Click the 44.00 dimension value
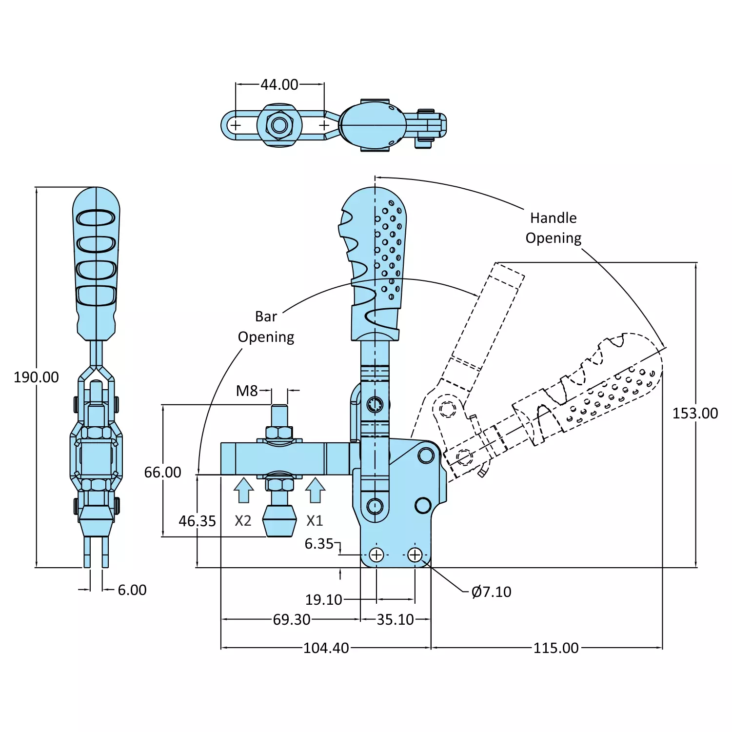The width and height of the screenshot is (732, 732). pyautogui.click(x=279, y=84)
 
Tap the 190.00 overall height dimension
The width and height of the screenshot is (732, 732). pyautogui.click(x=36, y=377)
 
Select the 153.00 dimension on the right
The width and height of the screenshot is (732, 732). pyautogui.click(x=695, y=413)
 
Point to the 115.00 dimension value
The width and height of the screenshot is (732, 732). pyautogui.click(x=555, y=648)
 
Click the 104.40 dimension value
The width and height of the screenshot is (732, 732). pyautogui.click(x=326, y=648)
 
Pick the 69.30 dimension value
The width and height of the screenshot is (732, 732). pyautogui.click(x=291, y=619)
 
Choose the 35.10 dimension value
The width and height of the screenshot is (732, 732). pyautogui.click(x=395, y=619)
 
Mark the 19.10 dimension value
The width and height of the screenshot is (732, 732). pyautogui.click(x=323, y=599)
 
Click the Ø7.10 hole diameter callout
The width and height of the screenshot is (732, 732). pyautogui.click(x=491, y=592)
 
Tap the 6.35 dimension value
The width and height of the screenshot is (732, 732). pyautogui.click(x=319, y=543)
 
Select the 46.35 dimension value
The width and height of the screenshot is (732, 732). pyautogui.click(x=197, y=521)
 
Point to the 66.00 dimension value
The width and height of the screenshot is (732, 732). pyautogui.click(x=162, y=472)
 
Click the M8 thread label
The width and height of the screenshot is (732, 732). pyautogui.click(x=247, y=391)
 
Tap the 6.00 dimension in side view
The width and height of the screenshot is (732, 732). pyautogui.click(x=132, y=590)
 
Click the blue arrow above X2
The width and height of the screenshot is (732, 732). pyautogui.click(x=243, y=490)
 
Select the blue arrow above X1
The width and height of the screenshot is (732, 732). pyautogui.click(x=315, y=490)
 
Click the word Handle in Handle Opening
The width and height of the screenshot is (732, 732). pyautogui.click(x=553, y=218)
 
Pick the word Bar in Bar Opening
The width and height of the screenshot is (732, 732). pyautogui.click(x=266, y=317)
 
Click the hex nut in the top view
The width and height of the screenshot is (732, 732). pyautogui.click(x=279, y=125)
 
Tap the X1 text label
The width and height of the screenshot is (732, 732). pyautogui.click(x=315, y=520)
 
